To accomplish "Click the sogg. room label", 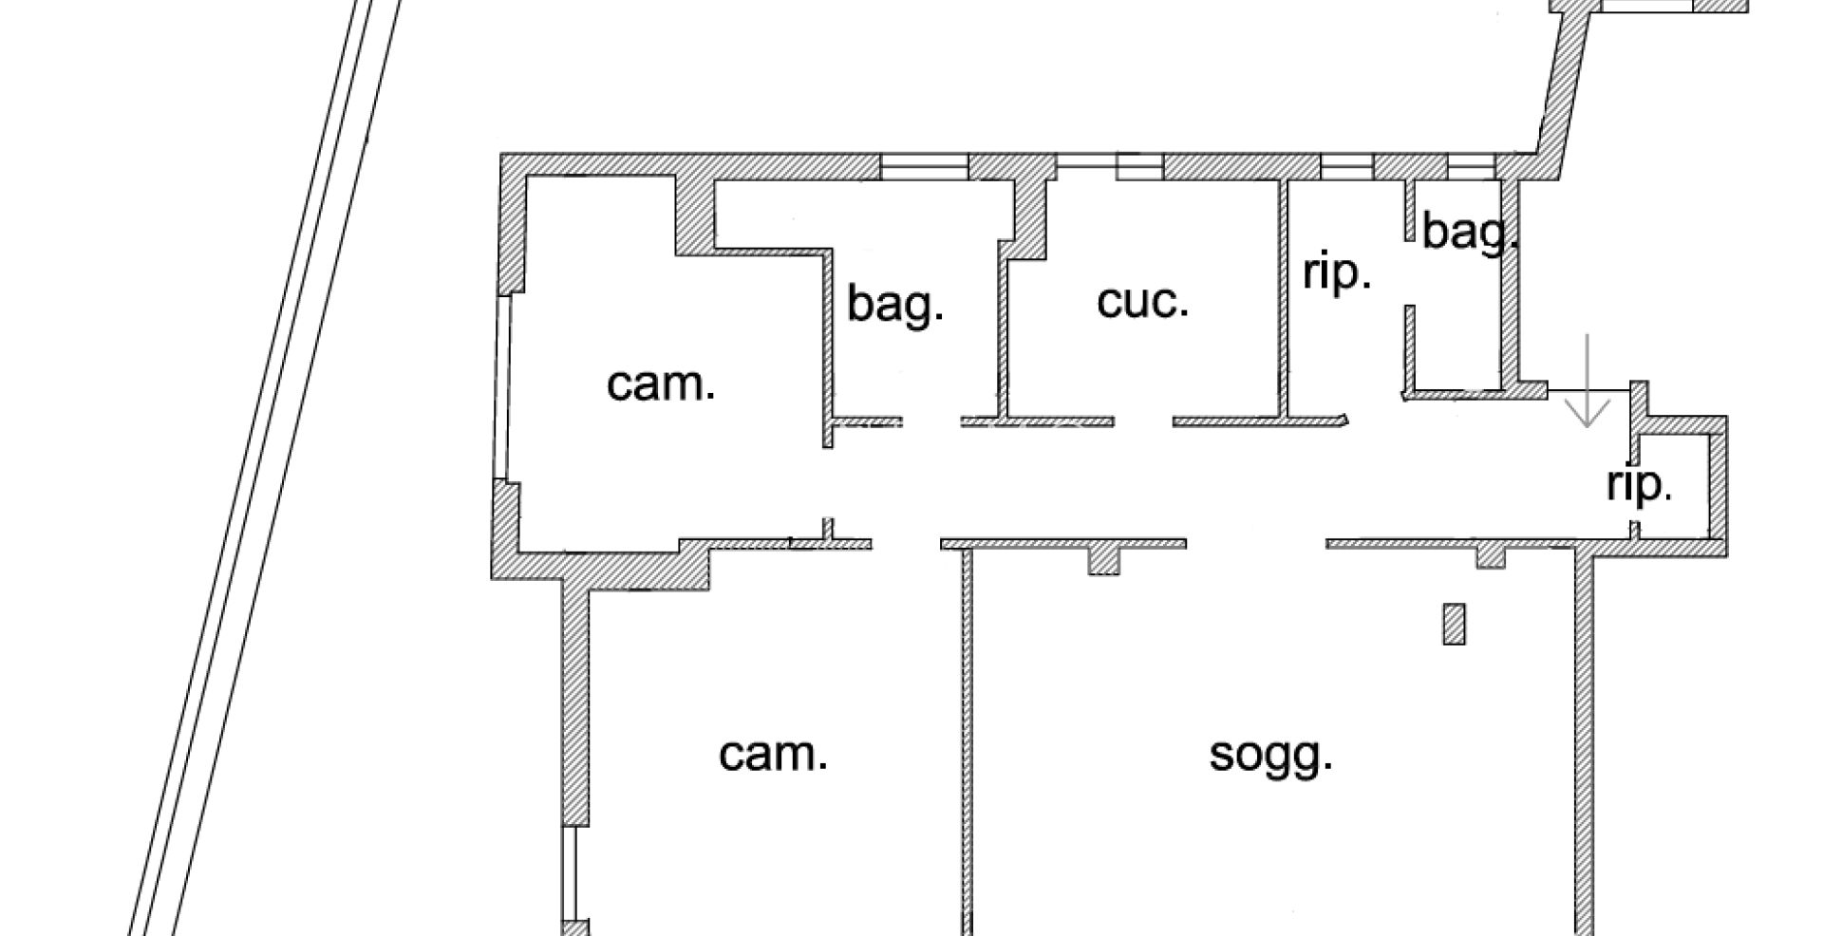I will (x=1270, y=757).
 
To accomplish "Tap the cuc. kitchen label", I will (x=1142, y=302).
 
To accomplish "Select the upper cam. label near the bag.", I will (x=660, y=384).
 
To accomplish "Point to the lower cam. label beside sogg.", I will (x=773, y=755).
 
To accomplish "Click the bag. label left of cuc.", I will (x=894, y=305).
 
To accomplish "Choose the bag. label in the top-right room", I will (x=1467, y=233).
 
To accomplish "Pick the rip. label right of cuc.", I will (x=1337, y=273).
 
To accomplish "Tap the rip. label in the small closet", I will (x=1639, y=485).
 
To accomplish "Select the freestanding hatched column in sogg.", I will (x=1454, y=624).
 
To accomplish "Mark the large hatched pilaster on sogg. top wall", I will (x=1102, y=559).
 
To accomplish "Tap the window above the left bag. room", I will (x=924, y=167).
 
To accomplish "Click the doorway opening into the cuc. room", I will (x=1143, y=421).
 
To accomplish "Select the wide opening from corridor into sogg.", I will (x=1255, y=544).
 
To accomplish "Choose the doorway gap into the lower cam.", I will (x=906, y=544).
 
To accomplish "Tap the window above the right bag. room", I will (x=1471, y=167).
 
